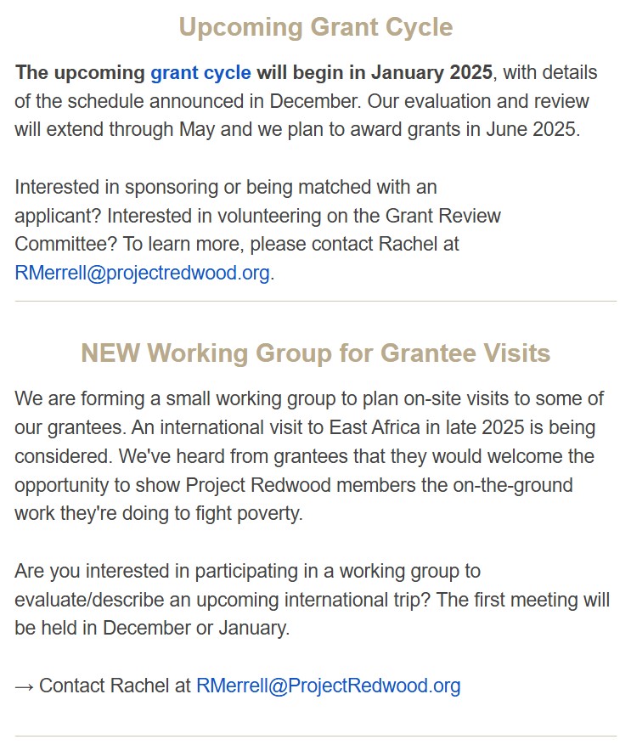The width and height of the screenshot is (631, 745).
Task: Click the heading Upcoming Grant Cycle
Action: pyautogui.click(x=315, y=27)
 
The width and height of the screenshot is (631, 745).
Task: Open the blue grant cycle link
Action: pyautogui.click(x=200, y=72)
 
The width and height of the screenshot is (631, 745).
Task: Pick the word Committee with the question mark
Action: pyautogui.click(x=65, y=245)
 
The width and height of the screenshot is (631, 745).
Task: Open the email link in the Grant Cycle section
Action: pyautogui.click(x=142, y=274)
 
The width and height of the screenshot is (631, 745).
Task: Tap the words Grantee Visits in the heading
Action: pyautogui.click(x=465, y=353)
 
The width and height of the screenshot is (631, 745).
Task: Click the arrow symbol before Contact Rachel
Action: pyautogui.click(x=24, y=686)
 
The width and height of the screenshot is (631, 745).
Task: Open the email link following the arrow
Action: pyautogui.click(x=328, y=686)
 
